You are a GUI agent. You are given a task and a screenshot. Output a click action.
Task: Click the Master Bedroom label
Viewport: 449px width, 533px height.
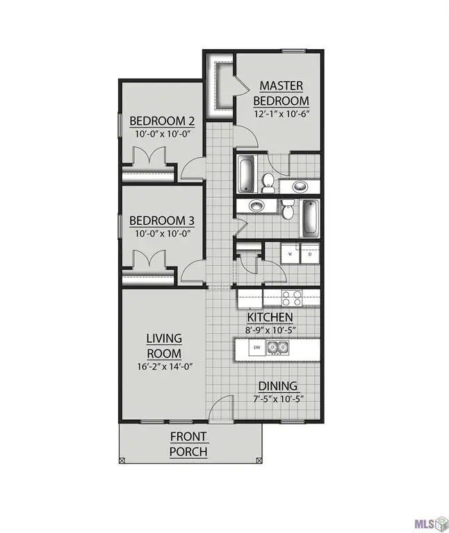281,93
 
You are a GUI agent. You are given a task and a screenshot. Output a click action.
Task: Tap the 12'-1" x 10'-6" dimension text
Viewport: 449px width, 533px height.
281,114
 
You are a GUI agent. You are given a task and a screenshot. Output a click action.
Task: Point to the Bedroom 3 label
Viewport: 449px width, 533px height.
162,221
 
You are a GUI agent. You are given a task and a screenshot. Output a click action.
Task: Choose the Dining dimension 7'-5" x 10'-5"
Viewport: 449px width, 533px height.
277,399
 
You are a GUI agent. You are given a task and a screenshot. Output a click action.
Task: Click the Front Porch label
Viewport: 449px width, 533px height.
188,444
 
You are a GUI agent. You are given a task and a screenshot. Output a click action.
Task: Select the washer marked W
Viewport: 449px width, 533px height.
290,254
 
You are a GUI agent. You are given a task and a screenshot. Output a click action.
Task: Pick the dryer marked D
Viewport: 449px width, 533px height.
309,254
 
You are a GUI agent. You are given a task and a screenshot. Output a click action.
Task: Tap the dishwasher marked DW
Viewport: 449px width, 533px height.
256,348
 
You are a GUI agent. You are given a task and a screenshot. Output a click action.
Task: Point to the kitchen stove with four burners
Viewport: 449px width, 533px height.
291,299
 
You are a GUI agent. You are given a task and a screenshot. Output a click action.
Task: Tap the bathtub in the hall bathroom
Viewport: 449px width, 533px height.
311,217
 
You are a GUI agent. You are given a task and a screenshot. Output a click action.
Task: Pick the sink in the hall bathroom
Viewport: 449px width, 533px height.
255,206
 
